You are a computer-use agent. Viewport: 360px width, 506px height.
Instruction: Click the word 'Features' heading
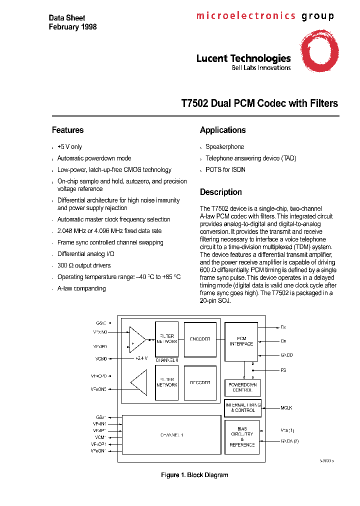coord(67,130)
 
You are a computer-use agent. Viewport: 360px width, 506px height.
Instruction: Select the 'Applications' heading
coord(222,130)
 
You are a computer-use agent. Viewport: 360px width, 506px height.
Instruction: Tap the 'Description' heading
coord(220,192)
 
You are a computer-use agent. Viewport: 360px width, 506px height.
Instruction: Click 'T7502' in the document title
coord(194,103)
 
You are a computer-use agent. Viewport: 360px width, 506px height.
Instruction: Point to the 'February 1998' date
coord(72,27)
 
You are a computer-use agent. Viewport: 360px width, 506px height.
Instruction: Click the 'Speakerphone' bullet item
coord(224,147)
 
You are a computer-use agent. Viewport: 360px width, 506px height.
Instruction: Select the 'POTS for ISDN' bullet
coord(225,170)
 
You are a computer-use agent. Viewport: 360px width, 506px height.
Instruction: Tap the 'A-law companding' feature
coord(81,288)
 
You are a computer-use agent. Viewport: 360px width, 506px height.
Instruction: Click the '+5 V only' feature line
coord(69,147)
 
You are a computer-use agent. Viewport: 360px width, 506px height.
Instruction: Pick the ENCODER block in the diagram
coord(199,339)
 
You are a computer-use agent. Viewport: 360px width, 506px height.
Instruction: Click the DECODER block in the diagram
coord(199,382)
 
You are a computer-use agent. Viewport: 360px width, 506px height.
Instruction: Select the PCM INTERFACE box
coord(241,341)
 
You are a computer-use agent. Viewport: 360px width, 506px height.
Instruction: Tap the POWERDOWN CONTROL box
coord(242,387)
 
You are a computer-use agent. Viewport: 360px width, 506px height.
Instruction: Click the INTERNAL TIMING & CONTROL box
coord(242,408)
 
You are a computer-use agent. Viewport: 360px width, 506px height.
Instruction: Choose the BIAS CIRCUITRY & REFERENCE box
coord(242,436)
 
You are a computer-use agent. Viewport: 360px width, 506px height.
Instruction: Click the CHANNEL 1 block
coord(171,435)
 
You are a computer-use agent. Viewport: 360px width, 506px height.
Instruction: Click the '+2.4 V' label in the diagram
coord(142,358)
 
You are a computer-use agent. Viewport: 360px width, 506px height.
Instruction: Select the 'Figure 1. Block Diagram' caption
coord(194,475)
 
